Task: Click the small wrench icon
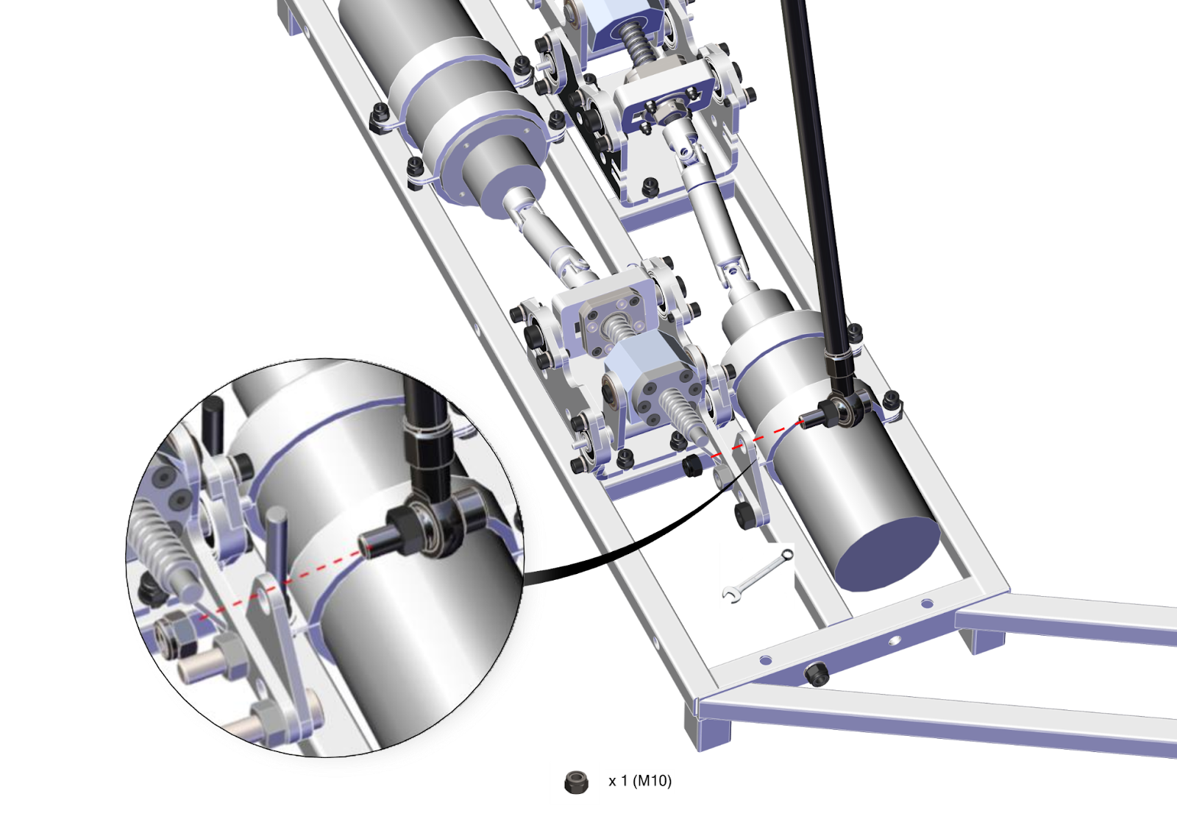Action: pos(758,575)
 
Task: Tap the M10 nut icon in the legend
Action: pos(576,782)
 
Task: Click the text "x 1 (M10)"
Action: pos(640,781)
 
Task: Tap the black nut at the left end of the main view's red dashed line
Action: pos(693,466)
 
